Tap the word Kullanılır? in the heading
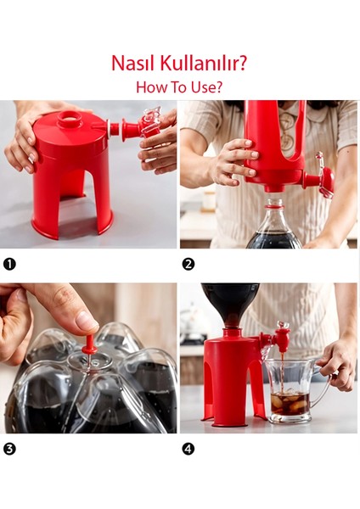(x=203, y=63)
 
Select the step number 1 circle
(x=9, y=264)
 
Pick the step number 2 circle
(x=188, y=264)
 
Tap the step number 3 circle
(x=9, y=450)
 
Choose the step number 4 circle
(x=188, y=450)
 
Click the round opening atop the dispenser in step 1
(x=70, y=116)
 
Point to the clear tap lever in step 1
(x=149, y=120)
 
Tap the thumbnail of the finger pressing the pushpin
(x=86, y=321)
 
